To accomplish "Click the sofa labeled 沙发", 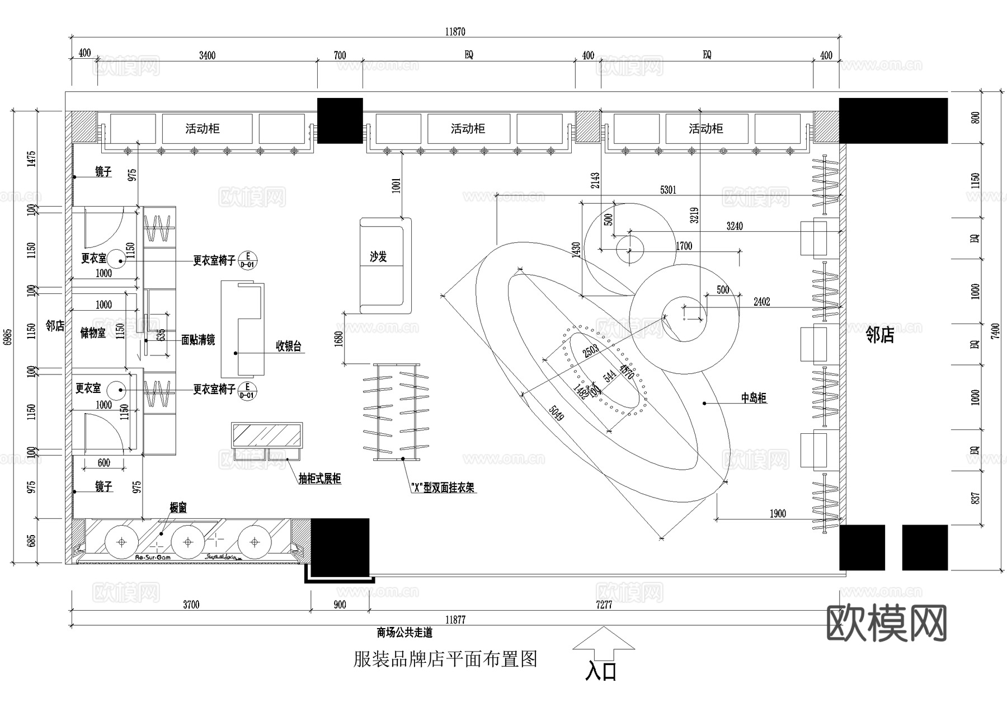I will coord(385,265).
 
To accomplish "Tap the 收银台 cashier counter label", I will coord(289,346).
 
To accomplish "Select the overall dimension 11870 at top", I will coord(455,32).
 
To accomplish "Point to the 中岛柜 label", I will coord(754,398).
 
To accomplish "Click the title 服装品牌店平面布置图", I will coord(445,659).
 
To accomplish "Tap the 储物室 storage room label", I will coord(93,333).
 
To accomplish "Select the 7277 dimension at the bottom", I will coord(604,605).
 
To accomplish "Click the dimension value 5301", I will coord(668,190).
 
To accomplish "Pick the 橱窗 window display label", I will coord(178,508).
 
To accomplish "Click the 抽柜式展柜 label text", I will coord(319,479).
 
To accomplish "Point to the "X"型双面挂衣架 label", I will coord(443,488).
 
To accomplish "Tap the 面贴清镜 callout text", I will coord(198,340).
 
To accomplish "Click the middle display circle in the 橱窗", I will coord(188,542).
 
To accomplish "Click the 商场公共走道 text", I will coord(404,633).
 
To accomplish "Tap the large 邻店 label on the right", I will coord(880,335).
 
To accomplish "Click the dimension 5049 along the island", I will coord(556,414).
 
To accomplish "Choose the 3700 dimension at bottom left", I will coord(191,605).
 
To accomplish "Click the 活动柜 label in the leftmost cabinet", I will coord(203,129).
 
